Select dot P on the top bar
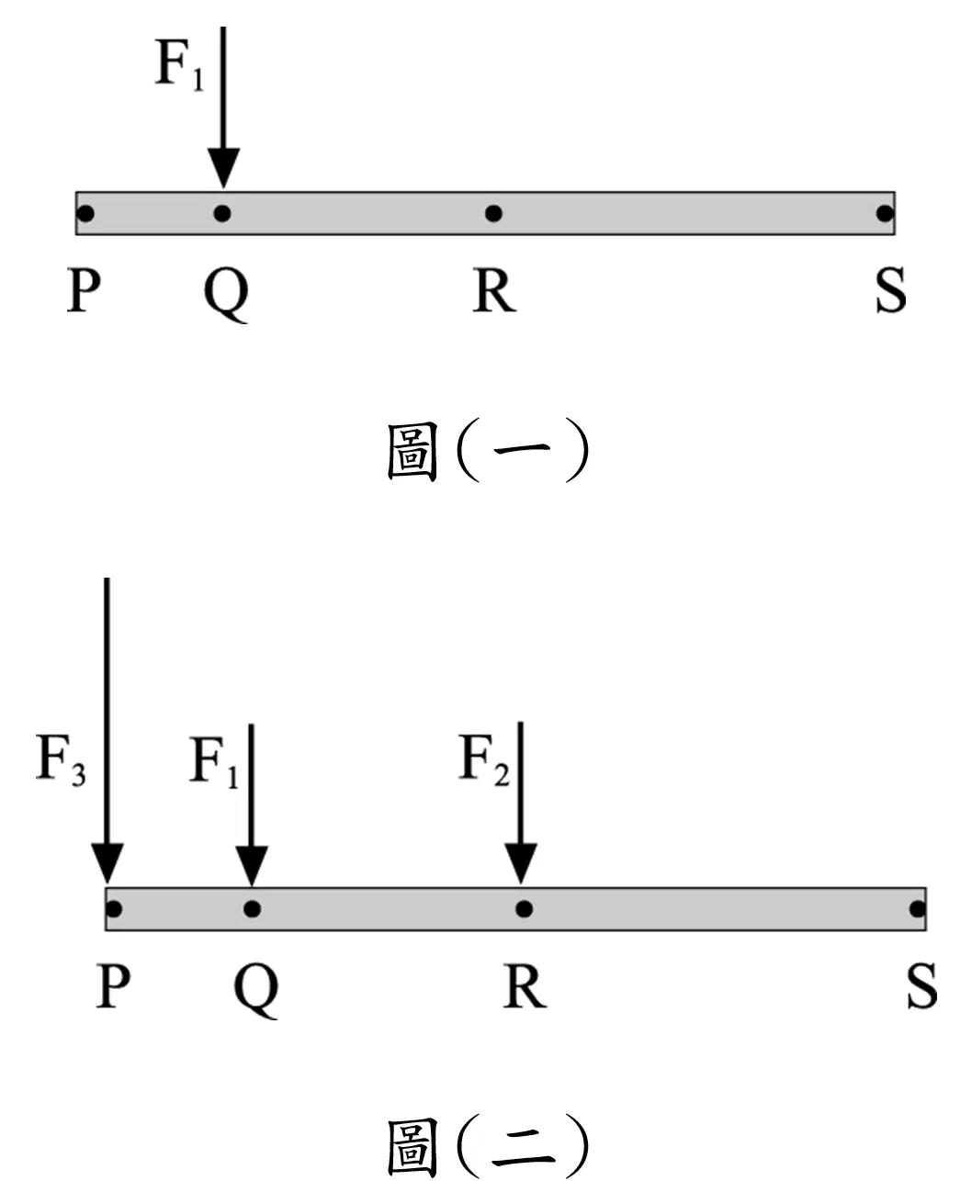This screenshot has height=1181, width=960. pos(85,213)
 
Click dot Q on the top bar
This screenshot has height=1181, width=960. pos(222,213)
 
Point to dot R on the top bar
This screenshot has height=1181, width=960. pos(493,213)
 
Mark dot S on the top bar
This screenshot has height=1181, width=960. pos(885,213)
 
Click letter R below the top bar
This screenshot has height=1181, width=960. pos(494,290)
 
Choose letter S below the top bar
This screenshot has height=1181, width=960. pos(891,290)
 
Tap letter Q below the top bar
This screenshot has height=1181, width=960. pos(226,295)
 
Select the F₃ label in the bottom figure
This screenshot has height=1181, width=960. pos(61,759)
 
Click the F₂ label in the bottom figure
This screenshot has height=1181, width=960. pos(484,759)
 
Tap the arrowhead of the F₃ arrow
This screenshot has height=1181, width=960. pos(107,863)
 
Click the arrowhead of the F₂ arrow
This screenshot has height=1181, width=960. pos(521,863)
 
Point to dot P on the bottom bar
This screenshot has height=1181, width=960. pos(114,909)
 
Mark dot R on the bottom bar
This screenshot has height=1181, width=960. pos(524,909)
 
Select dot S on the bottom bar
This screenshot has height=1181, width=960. pos(918,909)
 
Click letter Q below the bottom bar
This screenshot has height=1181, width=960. pos(255,990)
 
